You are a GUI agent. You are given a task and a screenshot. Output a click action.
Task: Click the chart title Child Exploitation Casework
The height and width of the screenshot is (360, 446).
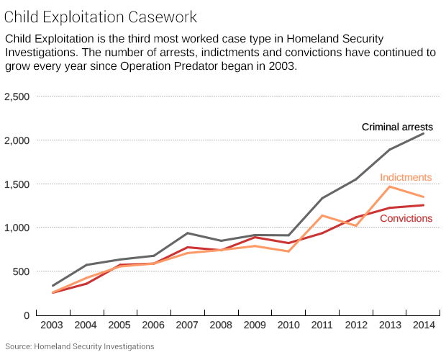click(101, 15)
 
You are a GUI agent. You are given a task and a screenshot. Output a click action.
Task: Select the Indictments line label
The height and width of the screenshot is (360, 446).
click(406, 177)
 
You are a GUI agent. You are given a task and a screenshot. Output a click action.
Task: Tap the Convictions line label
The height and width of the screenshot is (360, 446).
click(406, 218)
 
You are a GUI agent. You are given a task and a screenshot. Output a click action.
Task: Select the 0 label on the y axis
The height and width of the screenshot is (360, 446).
click(25, 315)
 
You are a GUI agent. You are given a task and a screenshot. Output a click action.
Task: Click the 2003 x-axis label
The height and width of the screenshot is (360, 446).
click(53, 326)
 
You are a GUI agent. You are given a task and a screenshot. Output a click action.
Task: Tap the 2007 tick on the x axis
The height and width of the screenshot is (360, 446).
click(187, 326)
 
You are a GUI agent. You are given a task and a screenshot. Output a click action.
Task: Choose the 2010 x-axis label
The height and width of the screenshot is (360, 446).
click(288, 326)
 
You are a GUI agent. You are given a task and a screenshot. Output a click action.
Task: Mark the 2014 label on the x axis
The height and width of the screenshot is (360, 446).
click(423, 326)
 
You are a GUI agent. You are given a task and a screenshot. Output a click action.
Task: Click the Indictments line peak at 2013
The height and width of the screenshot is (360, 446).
click(389, 186)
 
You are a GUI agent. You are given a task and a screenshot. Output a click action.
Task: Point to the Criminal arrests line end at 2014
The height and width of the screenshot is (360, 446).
click(423, 133)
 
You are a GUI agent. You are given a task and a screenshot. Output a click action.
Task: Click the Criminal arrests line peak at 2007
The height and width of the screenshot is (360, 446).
click(187, 233)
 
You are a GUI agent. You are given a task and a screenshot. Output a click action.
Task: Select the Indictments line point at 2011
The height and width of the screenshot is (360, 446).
click(322, 215)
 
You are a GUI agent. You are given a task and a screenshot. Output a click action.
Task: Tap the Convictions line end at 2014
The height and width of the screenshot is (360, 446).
click(423, 205)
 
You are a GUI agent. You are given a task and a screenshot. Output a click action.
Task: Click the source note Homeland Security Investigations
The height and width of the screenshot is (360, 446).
click(79, 346)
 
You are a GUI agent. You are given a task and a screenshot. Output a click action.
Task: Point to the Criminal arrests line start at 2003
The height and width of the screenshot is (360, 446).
click(53, 286)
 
